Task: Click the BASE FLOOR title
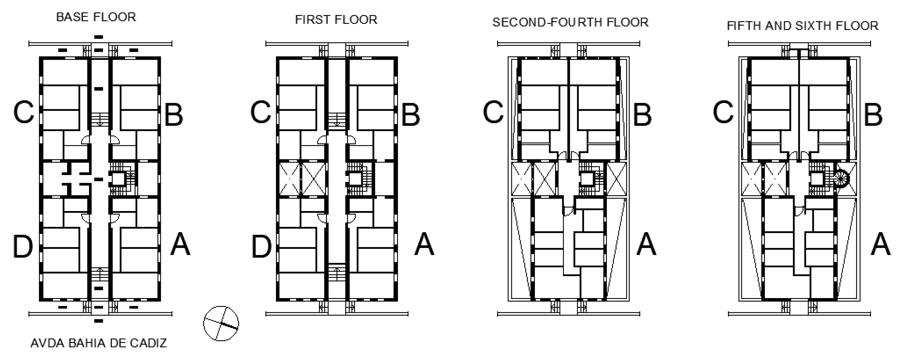(96, 17)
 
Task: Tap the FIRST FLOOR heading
(336, 20)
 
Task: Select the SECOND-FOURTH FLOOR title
(570, 22)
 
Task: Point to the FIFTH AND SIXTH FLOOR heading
(803, 26)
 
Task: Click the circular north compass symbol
(221, 323)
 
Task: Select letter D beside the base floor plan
(23, 246)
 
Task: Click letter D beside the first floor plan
(262, 246)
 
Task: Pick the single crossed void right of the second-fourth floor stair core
(616, 179)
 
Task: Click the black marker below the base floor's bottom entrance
(99, 321)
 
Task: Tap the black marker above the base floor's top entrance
(99, 37)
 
